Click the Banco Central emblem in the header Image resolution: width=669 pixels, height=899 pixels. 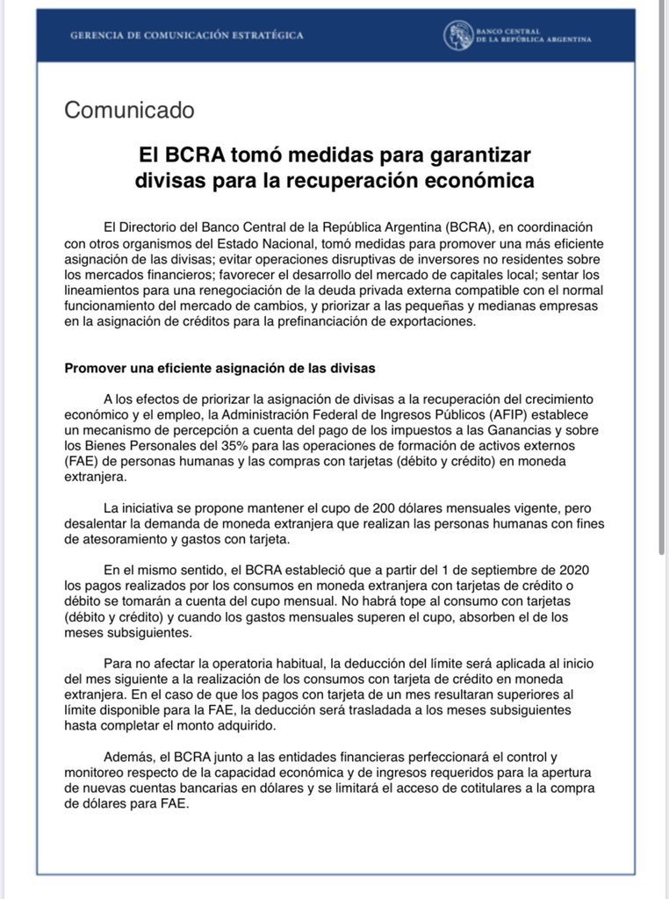click(457, 35)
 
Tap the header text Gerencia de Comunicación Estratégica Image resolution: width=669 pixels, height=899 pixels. click(187, 35)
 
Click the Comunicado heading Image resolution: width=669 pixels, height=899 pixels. click(129, 111)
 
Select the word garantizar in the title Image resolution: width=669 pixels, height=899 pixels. click(470, 155)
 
